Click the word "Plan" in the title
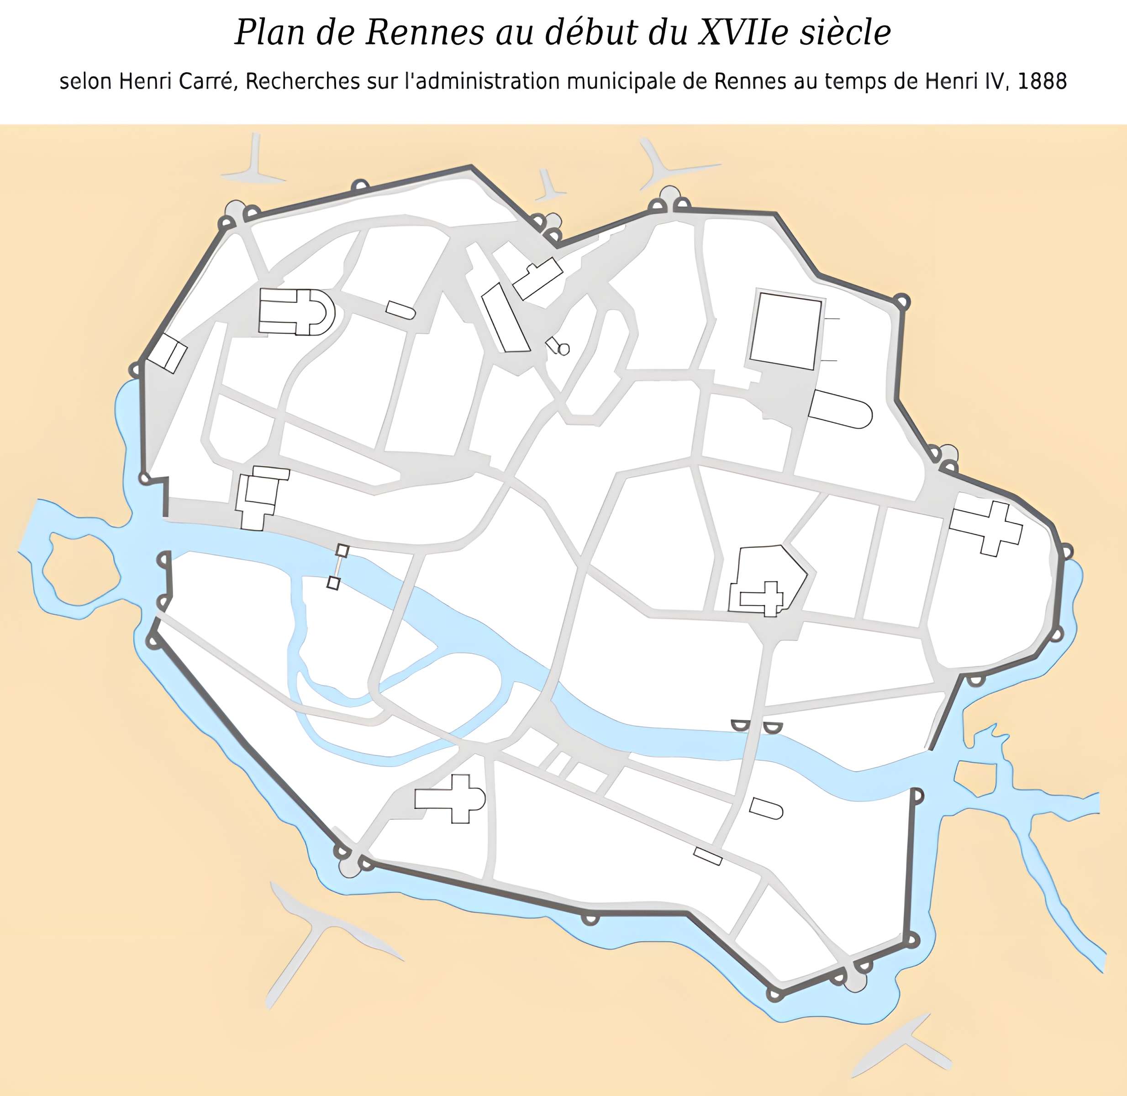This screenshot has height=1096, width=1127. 269,33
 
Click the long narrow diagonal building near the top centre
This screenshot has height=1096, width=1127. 505,318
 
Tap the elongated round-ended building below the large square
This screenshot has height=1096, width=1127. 840,409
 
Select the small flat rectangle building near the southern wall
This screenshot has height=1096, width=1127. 707,856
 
